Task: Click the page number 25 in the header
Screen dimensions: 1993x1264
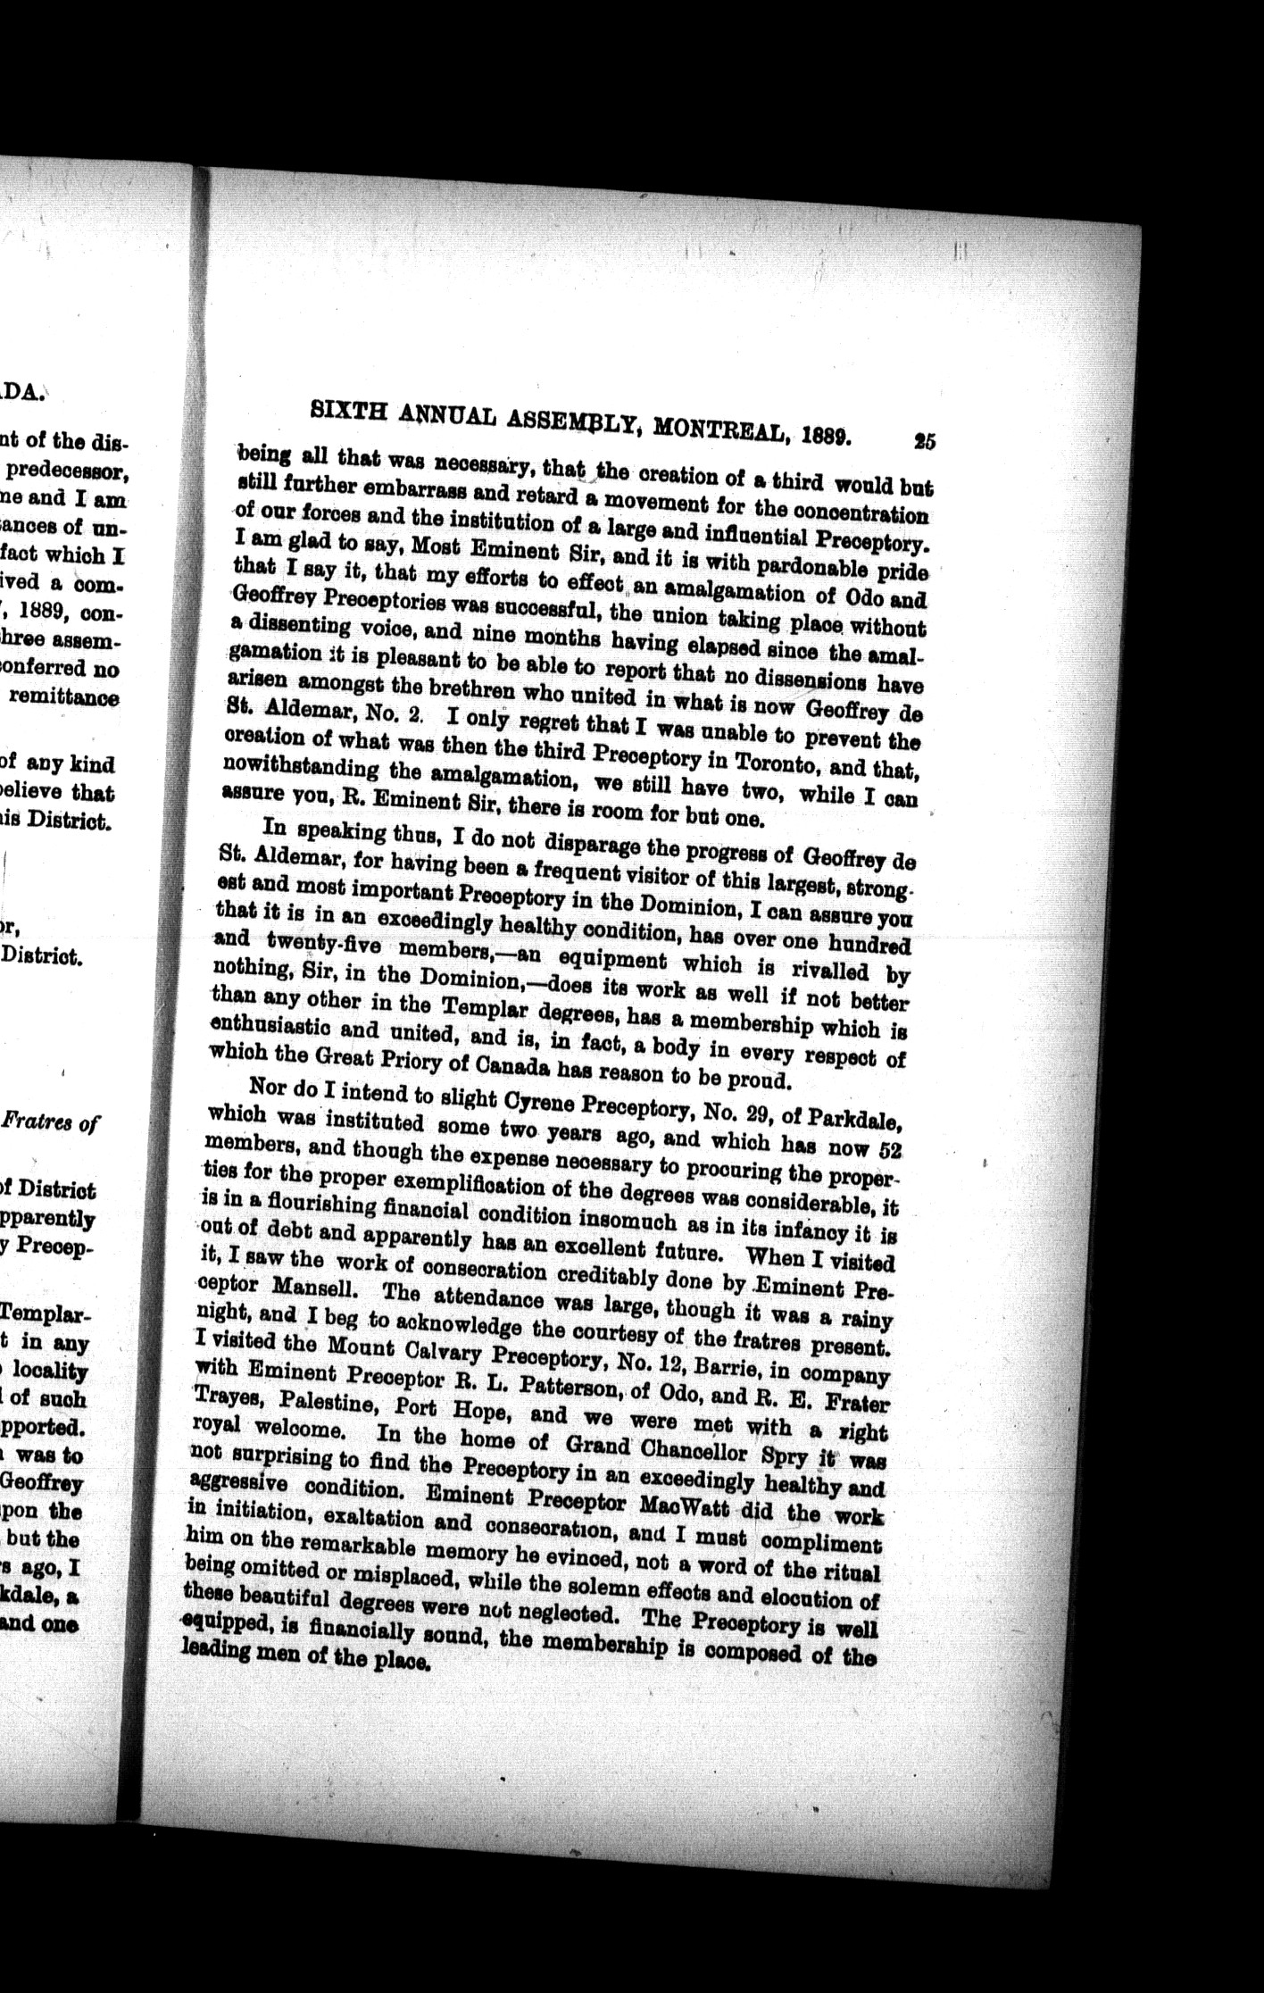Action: point(923,441)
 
